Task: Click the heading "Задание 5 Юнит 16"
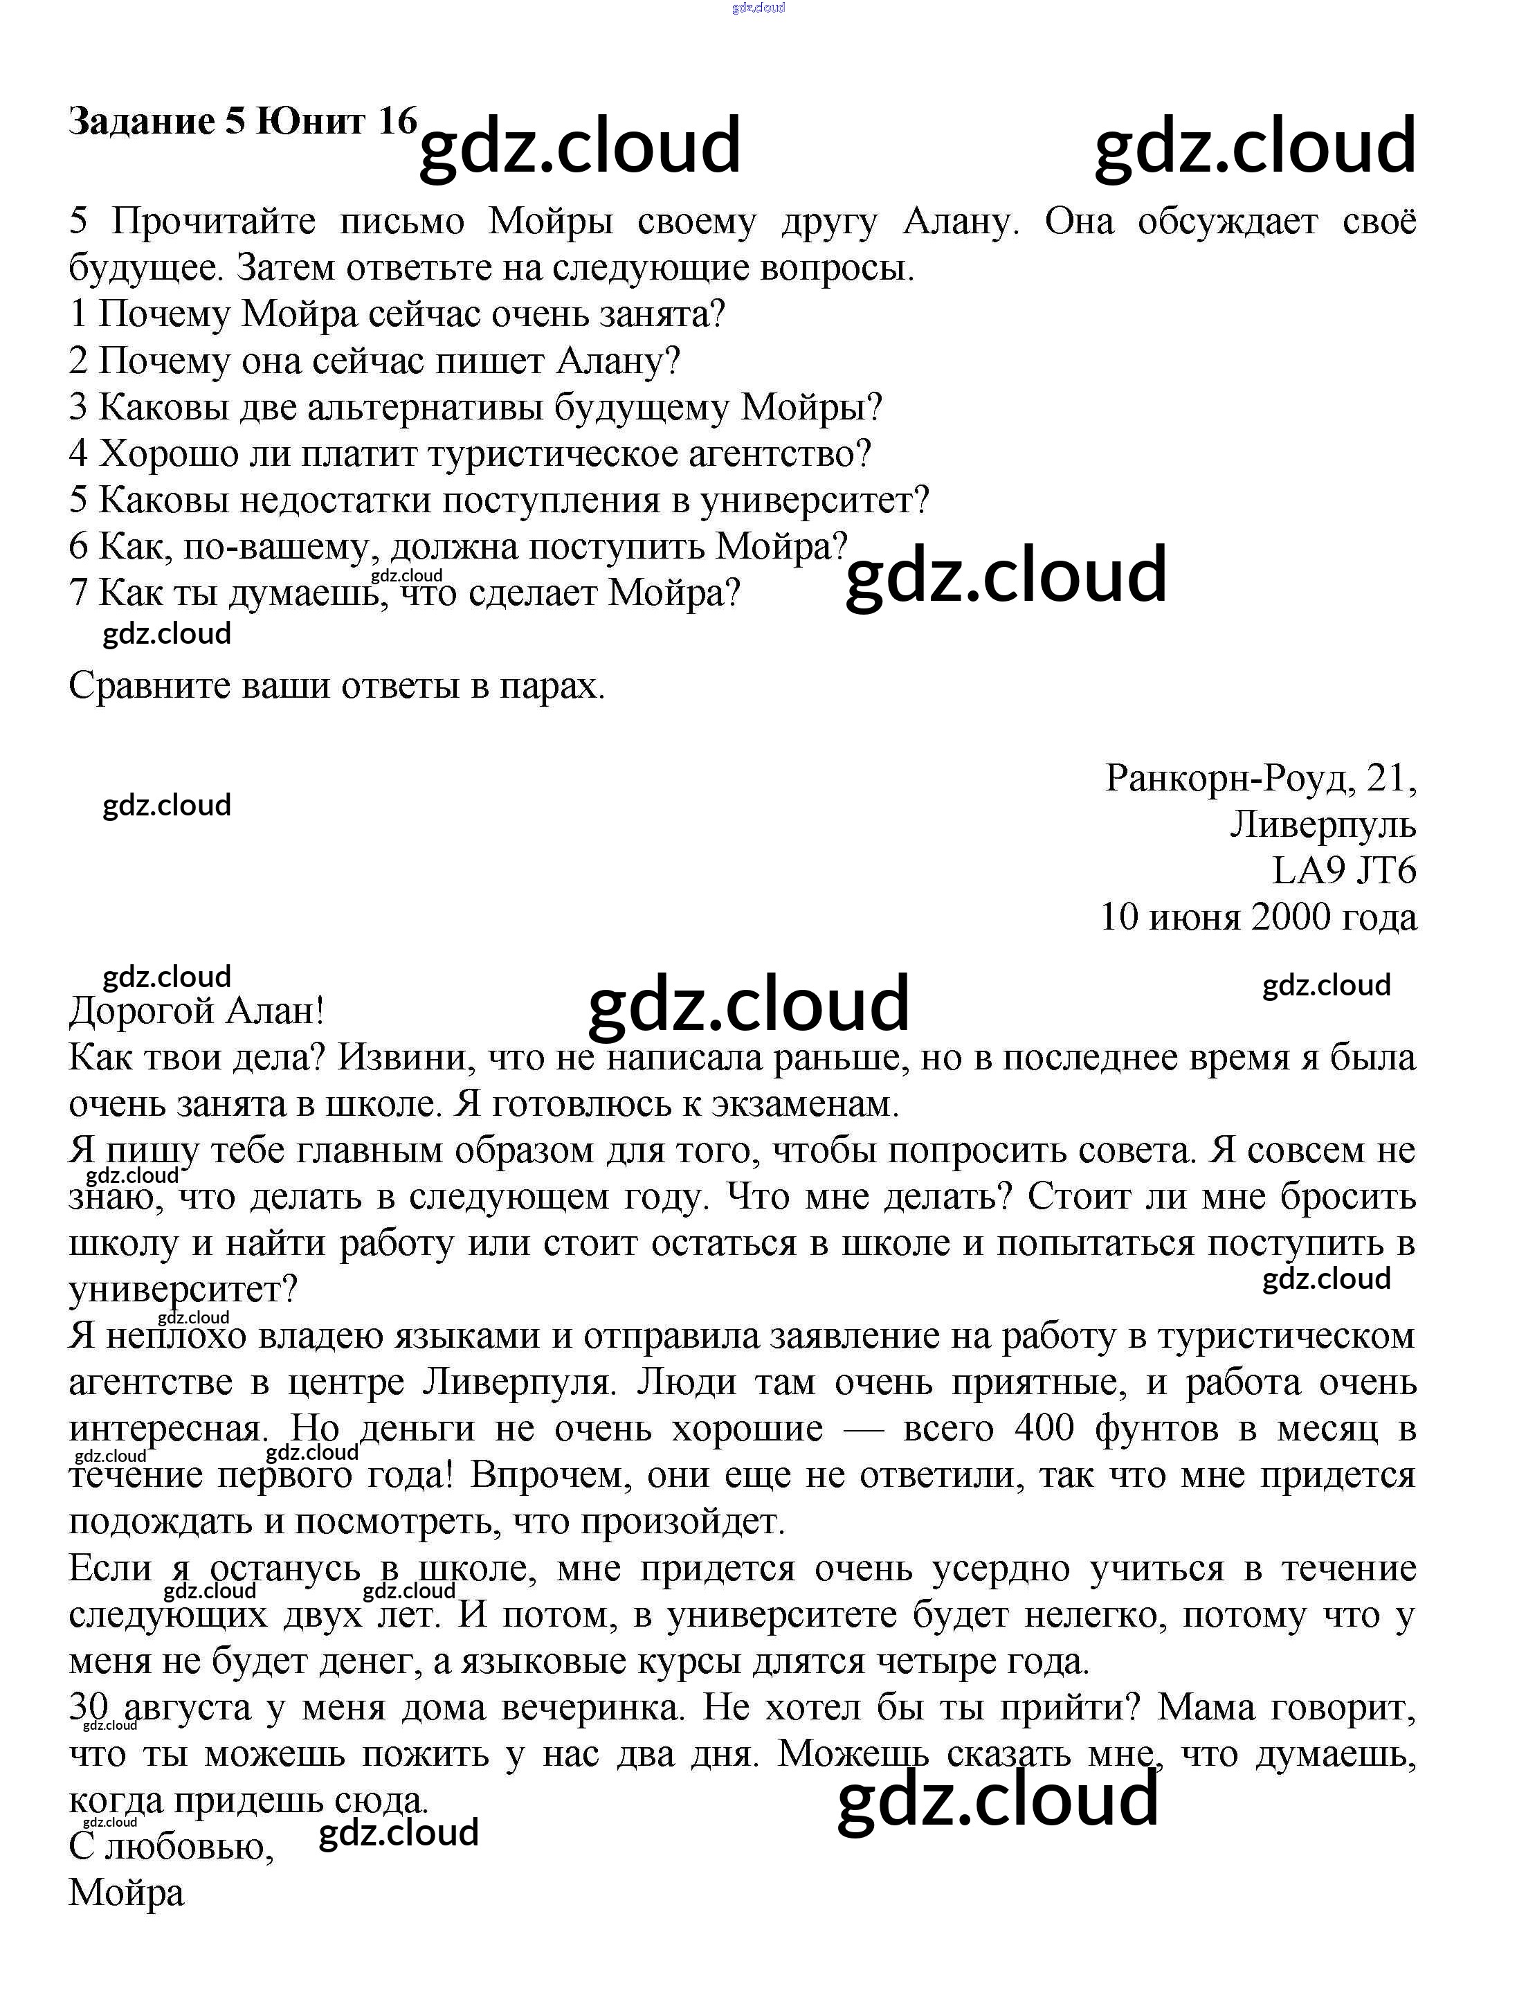pyautogui.click(x=242, y=120)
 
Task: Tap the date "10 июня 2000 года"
pyautogui.click(x=1257, y=917)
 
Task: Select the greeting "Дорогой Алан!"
pyautogui.click(x=196, y=1010)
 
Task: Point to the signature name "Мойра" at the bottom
pyautogui.click(x=126, y=1892)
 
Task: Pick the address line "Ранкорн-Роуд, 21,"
pyautogui.click(x=1260, y=777)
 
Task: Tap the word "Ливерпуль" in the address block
pyautogui.click(x=1322, y=824)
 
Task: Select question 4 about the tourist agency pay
pyautogui.click(x=470, y=453)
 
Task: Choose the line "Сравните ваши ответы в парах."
pyautogui.click(x=336, y=685)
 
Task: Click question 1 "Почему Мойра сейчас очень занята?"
pyautogui.click(x=397, y=314)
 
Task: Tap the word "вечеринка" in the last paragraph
pyautogui.click(x=592, y=1708)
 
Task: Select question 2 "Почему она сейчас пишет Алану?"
pyautogui.click(x=374, y=360)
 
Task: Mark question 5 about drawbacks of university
pyautogui.click(x=500, y=500)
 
